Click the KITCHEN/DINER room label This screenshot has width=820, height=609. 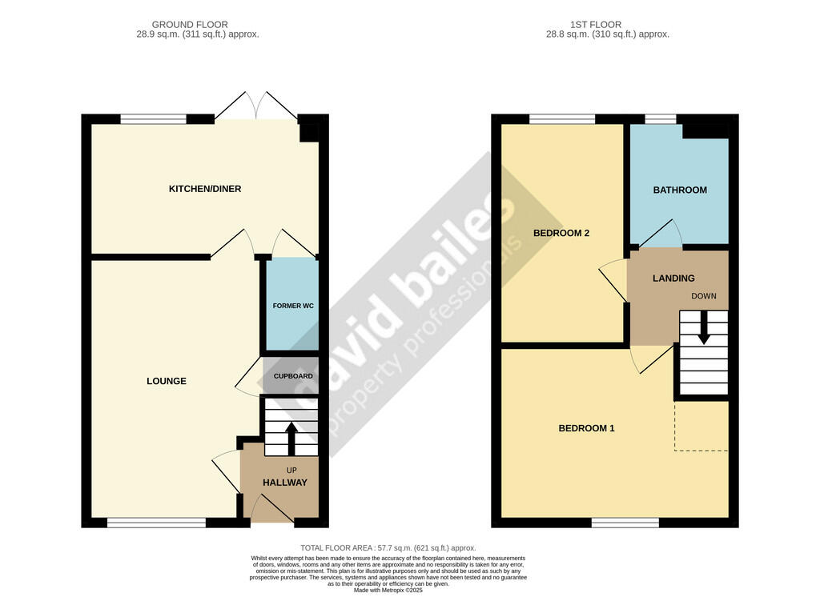click(205, 189)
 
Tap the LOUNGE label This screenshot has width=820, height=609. click(167, 381)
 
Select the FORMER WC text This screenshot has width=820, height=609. click(293, 306)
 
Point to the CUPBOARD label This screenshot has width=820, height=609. click(293, 376)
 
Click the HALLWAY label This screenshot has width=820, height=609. click(285, 483)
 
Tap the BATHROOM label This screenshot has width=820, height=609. click(680, 190)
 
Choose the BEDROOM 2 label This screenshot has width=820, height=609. click(561, 233)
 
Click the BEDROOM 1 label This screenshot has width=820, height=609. click(586, 428)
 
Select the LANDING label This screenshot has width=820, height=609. click(673, 278)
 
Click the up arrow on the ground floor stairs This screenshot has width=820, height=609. click(291, 439)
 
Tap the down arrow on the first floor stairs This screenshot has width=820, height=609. click(704, 328)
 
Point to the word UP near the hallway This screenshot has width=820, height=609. click(291, 471)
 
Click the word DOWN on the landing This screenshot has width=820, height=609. click(704, 296)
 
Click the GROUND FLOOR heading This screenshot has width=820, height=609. click(190, 25)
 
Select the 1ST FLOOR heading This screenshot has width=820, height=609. click(596, 25)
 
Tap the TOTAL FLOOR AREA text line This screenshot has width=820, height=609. click(388, 548)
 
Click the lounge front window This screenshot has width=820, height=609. click(157, 522)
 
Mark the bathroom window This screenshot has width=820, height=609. click(660, 119)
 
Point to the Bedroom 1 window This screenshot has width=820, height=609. click(625, 522)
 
